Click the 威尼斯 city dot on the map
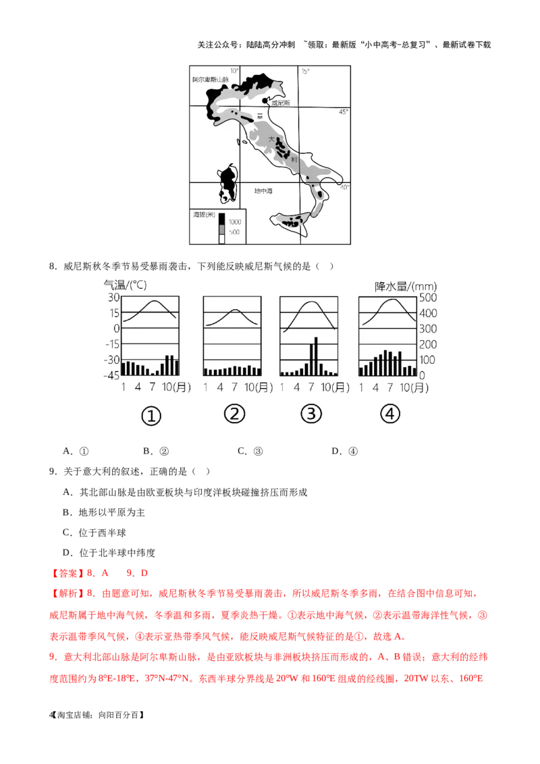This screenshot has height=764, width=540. click(x=265, y=101)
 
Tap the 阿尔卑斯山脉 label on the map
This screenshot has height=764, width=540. click(x=211, y=80)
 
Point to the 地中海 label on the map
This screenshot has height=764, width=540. click(x=263, y=191)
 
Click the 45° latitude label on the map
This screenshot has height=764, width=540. click(x=344, y=112)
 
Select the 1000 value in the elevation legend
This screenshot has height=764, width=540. click(x=235, y=221)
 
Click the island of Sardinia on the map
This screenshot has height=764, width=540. click(x=227, y=184)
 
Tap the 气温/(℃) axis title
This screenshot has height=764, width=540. click(x=126, y=285)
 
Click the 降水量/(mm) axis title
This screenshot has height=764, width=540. click(x=406, y=286)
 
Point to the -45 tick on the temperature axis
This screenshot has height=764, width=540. click(x=111, y=375)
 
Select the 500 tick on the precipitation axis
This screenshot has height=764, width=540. click(x=428, y=297)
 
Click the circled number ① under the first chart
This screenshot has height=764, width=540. click(x=151, y=416)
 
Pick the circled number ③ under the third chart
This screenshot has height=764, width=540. click(x=311, y=414)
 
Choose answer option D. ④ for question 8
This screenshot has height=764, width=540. click(x=344, y=452)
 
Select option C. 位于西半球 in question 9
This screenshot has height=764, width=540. click(x=94, y=533)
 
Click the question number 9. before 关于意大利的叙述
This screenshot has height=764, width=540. click(x=53, y=472)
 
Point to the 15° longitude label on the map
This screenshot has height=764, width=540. click(x=305, y=72)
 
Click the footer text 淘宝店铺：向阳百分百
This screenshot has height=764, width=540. click(x=101, y=715)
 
